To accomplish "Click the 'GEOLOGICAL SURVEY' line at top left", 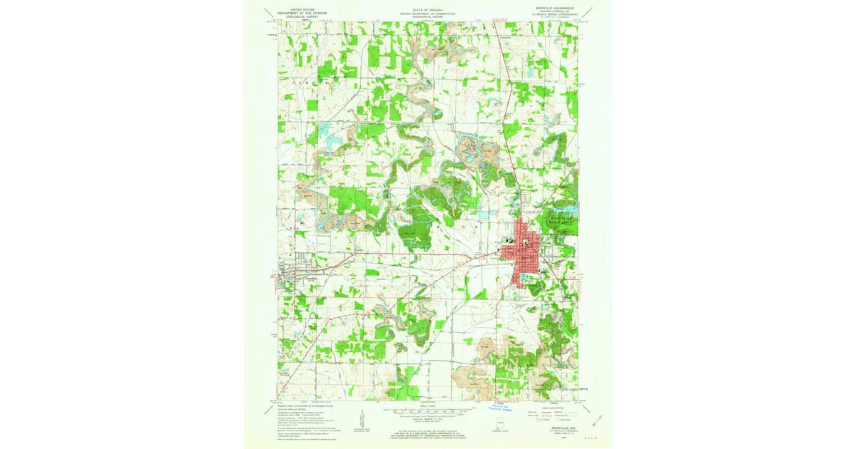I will click(x=301, y=16).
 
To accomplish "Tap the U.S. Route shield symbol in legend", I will click(x=538, y=420).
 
